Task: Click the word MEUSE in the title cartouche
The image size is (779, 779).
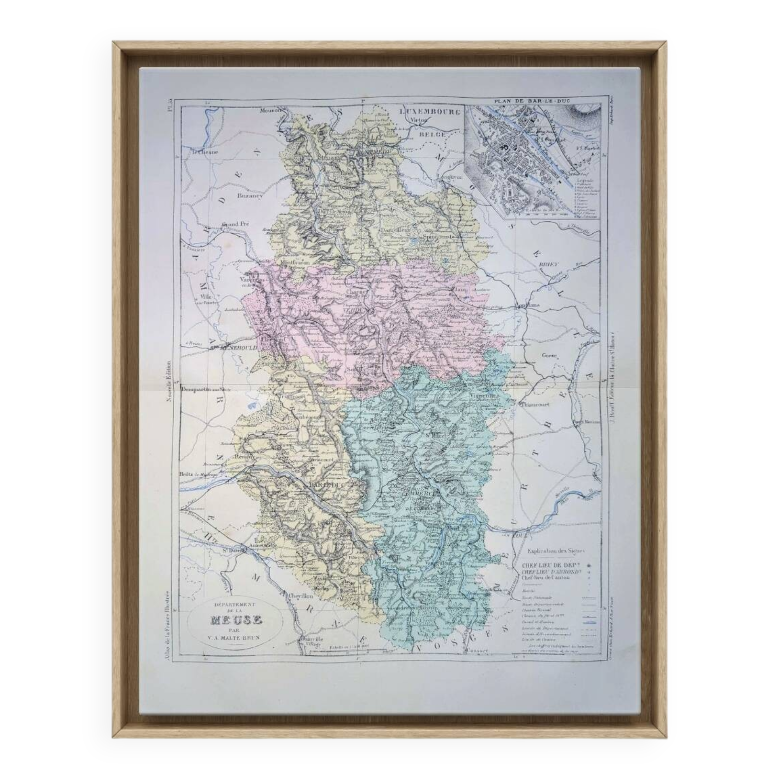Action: coord(236,619)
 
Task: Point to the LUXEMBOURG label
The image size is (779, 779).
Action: coord(429,112)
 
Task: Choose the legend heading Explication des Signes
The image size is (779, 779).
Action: coord(557,551)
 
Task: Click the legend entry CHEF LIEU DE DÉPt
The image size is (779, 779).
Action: coord(551,565)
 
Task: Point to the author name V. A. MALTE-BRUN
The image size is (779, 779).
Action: coord(236,638)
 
